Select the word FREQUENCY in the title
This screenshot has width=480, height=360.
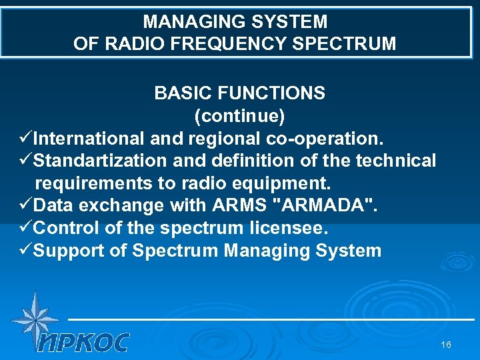(x=227, y=44)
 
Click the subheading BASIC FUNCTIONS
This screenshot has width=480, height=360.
(x=239, y=93)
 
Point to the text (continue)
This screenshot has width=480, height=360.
(x=239, y=115)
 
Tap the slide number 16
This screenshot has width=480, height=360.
(x=446, y=345)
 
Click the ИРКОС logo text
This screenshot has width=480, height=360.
(x=83, y=343)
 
